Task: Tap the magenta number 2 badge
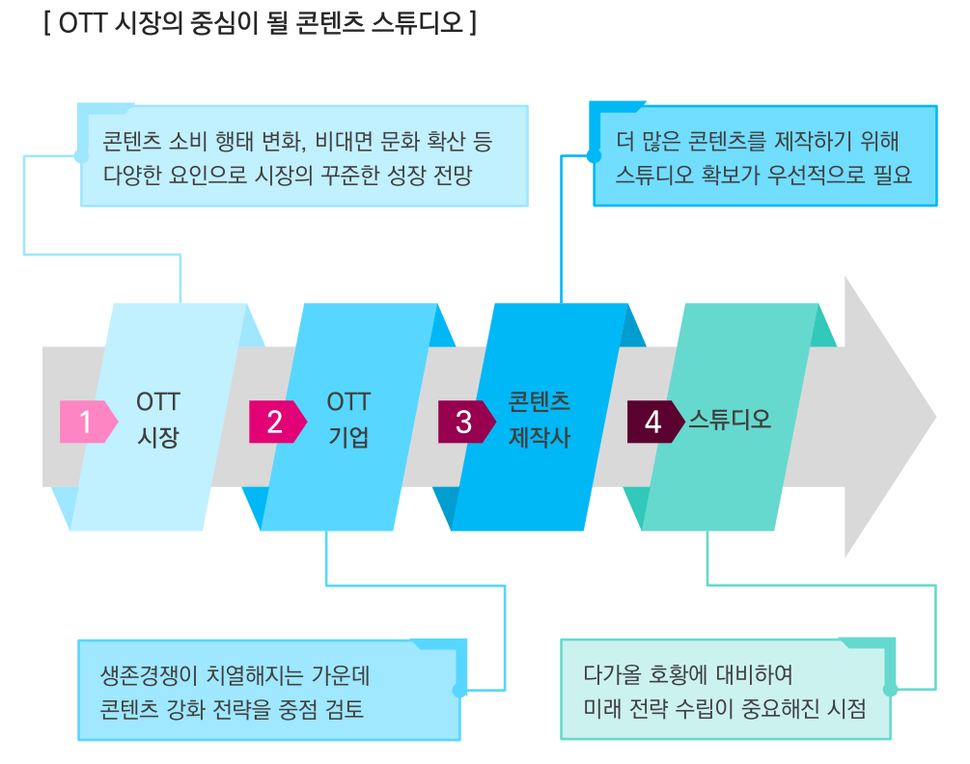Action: [x=278, y=422]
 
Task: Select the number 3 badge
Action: [x=467, y=422]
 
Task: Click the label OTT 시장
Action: [x=158, y=420]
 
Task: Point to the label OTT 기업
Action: [x=348, y=420]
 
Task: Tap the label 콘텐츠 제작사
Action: [x=540, y=420]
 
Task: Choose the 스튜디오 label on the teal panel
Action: [x=730, y=420]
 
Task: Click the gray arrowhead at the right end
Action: [x=891, y=417]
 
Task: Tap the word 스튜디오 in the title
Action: [x=418, y=23]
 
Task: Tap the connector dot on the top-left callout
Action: [x=81, y=155]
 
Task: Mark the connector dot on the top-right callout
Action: [x=594, y=155]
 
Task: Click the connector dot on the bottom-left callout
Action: [x=459, y=690]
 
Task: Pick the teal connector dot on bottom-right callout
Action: [x=890, y=689]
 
